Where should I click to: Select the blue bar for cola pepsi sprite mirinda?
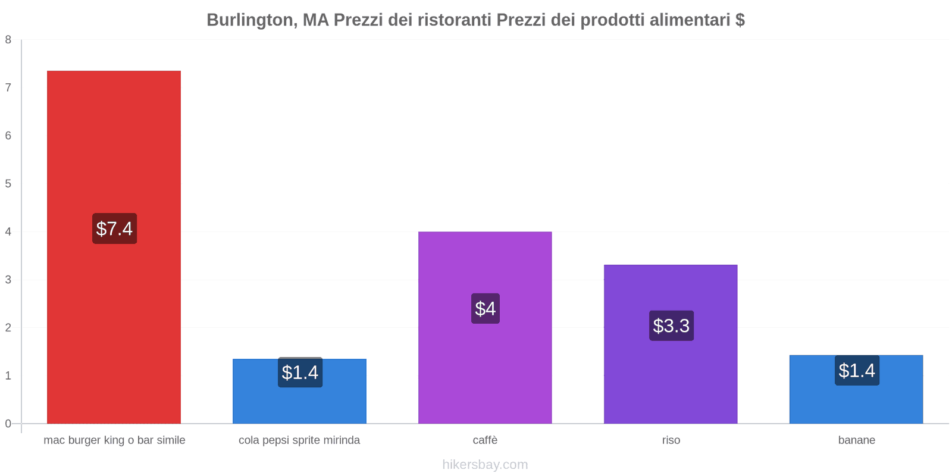[299, 405]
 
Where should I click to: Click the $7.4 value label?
[114, 228]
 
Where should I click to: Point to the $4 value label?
[485, 308]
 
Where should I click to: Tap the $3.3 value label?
[671, 325]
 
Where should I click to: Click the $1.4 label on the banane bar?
[857, 370]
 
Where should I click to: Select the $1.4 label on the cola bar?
[300, 372]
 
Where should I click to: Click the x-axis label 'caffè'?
[485, 440]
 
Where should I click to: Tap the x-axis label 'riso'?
[671, 440]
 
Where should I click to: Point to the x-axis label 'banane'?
[856, 440]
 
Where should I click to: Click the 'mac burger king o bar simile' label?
[114, 440]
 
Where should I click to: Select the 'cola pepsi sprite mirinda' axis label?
[299, 440]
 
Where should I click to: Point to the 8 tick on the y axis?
[8, 40]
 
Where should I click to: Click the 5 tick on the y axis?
[8, 184]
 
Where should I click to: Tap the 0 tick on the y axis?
[8, 424]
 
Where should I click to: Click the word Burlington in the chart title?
[249, 20]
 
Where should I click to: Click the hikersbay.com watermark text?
[485, 465]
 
